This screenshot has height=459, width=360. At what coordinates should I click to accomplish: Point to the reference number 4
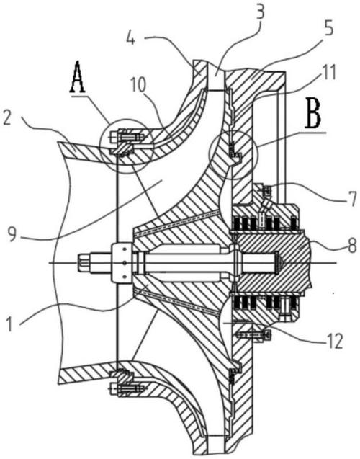[132, 39]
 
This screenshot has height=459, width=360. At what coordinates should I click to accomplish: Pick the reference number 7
[353, 198]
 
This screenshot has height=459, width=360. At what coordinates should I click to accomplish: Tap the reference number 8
[352, 245]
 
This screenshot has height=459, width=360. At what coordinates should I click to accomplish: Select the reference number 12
[335, 342]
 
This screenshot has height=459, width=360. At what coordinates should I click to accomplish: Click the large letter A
[78, 76]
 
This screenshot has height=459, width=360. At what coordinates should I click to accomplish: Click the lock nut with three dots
[122, 262]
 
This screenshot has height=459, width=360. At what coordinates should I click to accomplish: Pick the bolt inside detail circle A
[127, 137]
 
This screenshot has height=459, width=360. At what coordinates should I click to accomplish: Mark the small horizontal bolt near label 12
[253, 334]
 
